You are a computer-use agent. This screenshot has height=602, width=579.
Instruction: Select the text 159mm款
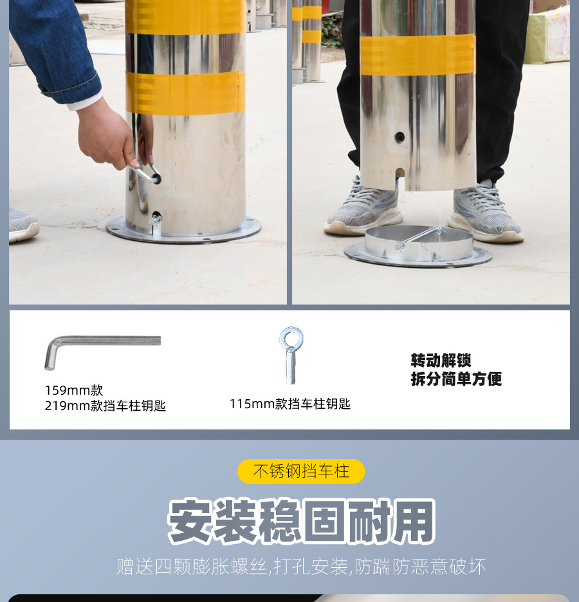[74, 390]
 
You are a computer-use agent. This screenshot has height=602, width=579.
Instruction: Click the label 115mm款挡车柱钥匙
[290, 404]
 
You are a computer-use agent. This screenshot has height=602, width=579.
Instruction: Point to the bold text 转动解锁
[441, 361]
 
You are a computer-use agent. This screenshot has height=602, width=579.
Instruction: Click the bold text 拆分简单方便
[456, 379]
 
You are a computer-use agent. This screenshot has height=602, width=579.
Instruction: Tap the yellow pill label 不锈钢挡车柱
[301, 471]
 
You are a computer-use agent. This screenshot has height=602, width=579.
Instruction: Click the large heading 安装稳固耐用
[302, 521]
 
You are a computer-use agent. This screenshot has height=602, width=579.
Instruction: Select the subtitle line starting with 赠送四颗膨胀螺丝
[301, 567]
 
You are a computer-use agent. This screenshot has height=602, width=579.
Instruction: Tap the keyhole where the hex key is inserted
[156, 178]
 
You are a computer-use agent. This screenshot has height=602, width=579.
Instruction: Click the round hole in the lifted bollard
[400, 137]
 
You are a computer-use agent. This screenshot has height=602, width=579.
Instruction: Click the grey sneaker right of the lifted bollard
[485, 213]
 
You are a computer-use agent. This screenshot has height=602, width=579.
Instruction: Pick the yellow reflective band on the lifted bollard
[418, 55]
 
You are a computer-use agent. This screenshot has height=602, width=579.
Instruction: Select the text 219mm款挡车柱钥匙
[105, 406]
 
